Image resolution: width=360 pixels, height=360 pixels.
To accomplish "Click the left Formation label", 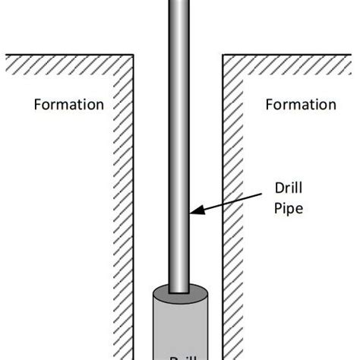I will pos(68,105).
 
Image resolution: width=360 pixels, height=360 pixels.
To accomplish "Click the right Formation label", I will pos(300,105).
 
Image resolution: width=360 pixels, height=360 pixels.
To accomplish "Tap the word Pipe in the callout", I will pos(288,207).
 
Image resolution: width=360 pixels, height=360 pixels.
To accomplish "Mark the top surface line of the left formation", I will pos(68,55).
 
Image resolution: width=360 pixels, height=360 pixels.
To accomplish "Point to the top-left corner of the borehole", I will pos(134,55).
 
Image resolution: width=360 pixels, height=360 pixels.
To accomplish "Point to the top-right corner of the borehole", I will pos(223,55).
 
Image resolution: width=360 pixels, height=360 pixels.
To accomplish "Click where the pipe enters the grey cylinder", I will pos(179,292).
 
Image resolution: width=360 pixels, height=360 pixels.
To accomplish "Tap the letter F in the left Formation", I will pos(38,105).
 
